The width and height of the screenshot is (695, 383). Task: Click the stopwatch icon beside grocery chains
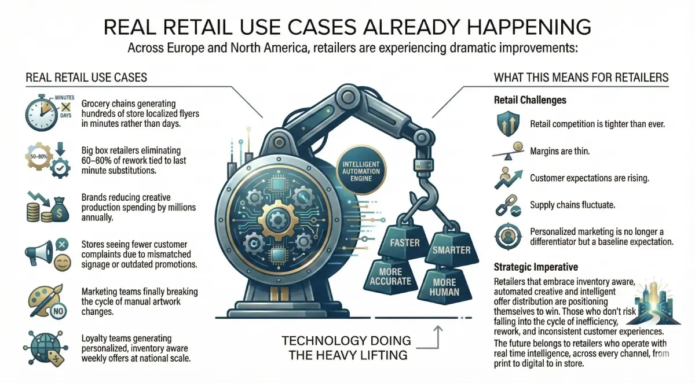41,113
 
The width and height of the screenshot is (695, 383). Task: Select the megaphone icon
39,253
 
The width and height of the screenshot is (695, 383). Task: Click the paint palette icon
44,300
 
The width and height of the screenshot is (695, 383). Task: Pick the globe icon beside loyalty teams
45,347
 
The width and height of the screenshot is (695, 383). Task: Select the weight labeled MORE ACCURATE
390,275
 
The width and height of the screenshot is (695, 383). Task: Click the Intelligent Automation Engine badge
361,171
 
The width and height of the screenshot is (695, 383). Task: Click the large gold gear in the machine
278,220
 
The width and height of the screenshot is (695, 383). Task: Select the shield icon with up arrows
508,123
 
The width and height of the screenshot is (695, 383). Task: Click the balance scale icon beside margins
508,151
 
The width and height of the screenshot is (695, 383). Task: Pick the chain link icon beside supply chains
508,205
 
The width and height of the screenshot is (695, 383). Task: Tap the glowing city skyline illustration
654,303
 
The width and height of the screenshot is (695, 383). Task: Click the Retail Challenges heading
530,100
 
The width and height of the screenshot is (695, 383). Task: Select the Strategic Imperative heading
536,267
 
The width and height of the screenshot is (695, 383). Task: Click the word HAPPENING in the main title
529,27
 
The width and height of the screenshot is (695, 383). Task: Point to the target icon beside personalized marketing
508,237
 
